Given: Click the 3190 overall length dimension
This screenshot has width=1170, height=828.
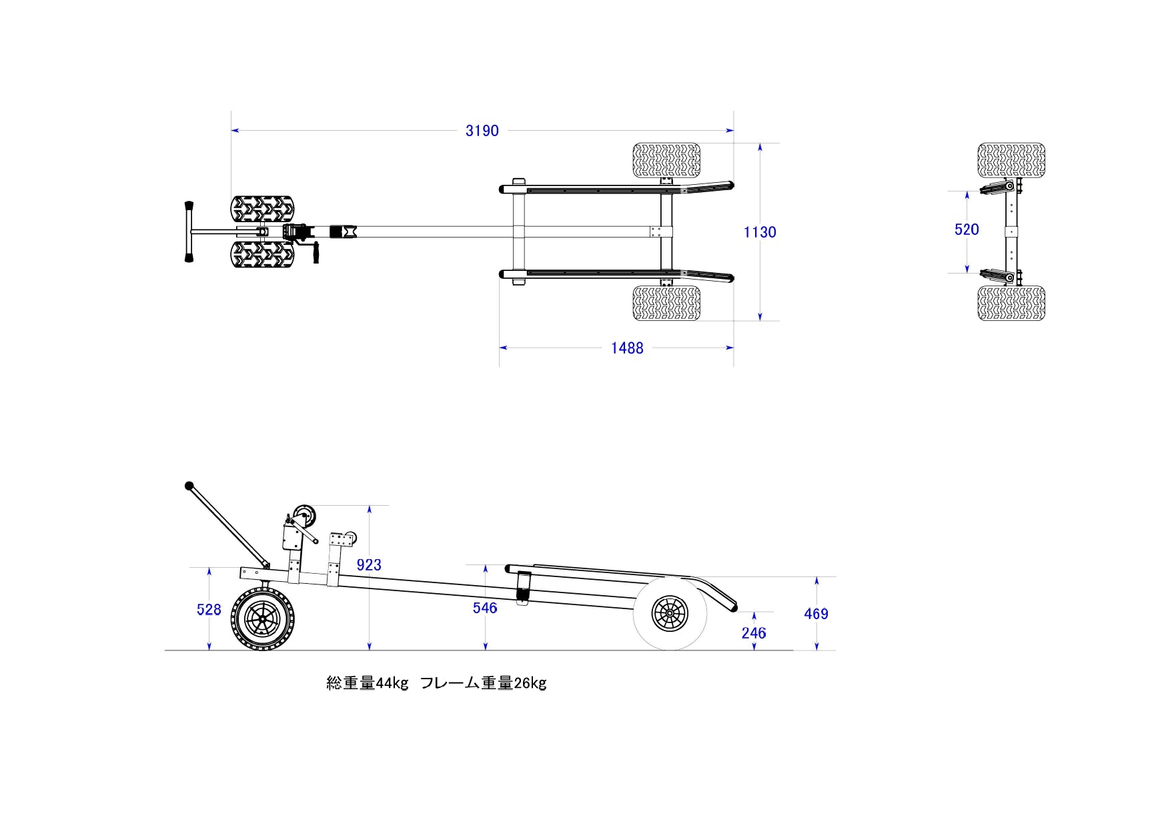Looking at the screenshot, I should point(482,131).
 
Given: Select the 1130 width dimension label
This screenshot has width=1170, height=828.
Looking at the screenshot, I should point(760,232).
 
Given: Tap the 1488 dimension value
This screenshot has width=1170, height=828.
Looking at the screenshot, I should point(627,348).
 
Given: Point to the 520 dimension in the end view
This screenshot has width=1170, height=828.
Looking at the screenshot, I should point(967,230).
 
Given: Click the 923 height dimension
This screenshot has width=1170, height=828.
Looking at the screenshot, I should point(369,565).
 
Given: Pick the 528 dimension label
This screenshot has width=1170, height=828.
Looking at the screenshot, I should point(209,610).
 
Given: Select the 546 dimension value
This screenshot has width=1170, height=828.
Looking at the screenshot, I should point(485,608).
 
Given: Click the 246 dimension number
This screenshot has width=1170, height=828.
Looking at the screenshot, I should point(754,633).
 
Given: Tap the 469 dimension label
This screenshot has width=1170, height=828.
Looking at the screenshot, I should point(816,614).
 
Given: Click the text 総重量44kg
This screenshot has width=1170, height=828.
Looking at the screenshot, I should point(367,683).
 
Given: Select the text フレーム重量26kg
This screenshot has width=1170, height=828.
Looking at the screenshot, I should point(484,683).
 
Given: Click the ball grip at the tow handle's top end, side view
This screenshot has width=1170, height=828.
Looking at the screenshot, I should point(189,486).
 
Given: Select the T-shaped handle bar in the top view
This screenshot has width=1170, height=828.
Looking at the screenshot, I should point(189,232).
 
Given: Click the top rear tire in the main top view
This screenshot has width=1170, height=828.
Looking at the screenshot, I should point(666,160).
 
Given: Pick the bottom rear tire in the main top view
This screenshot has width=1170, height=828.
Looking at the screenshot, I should point(666,304).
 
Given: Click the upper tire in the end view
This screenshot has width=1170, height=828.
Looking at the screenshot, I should point(1011,160).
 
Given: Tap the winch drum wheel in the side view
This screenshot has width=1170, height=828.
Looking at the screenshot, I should point(305,516).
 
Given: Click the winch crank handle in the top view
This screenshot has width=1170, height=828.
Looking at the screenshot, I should point(316,254).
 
